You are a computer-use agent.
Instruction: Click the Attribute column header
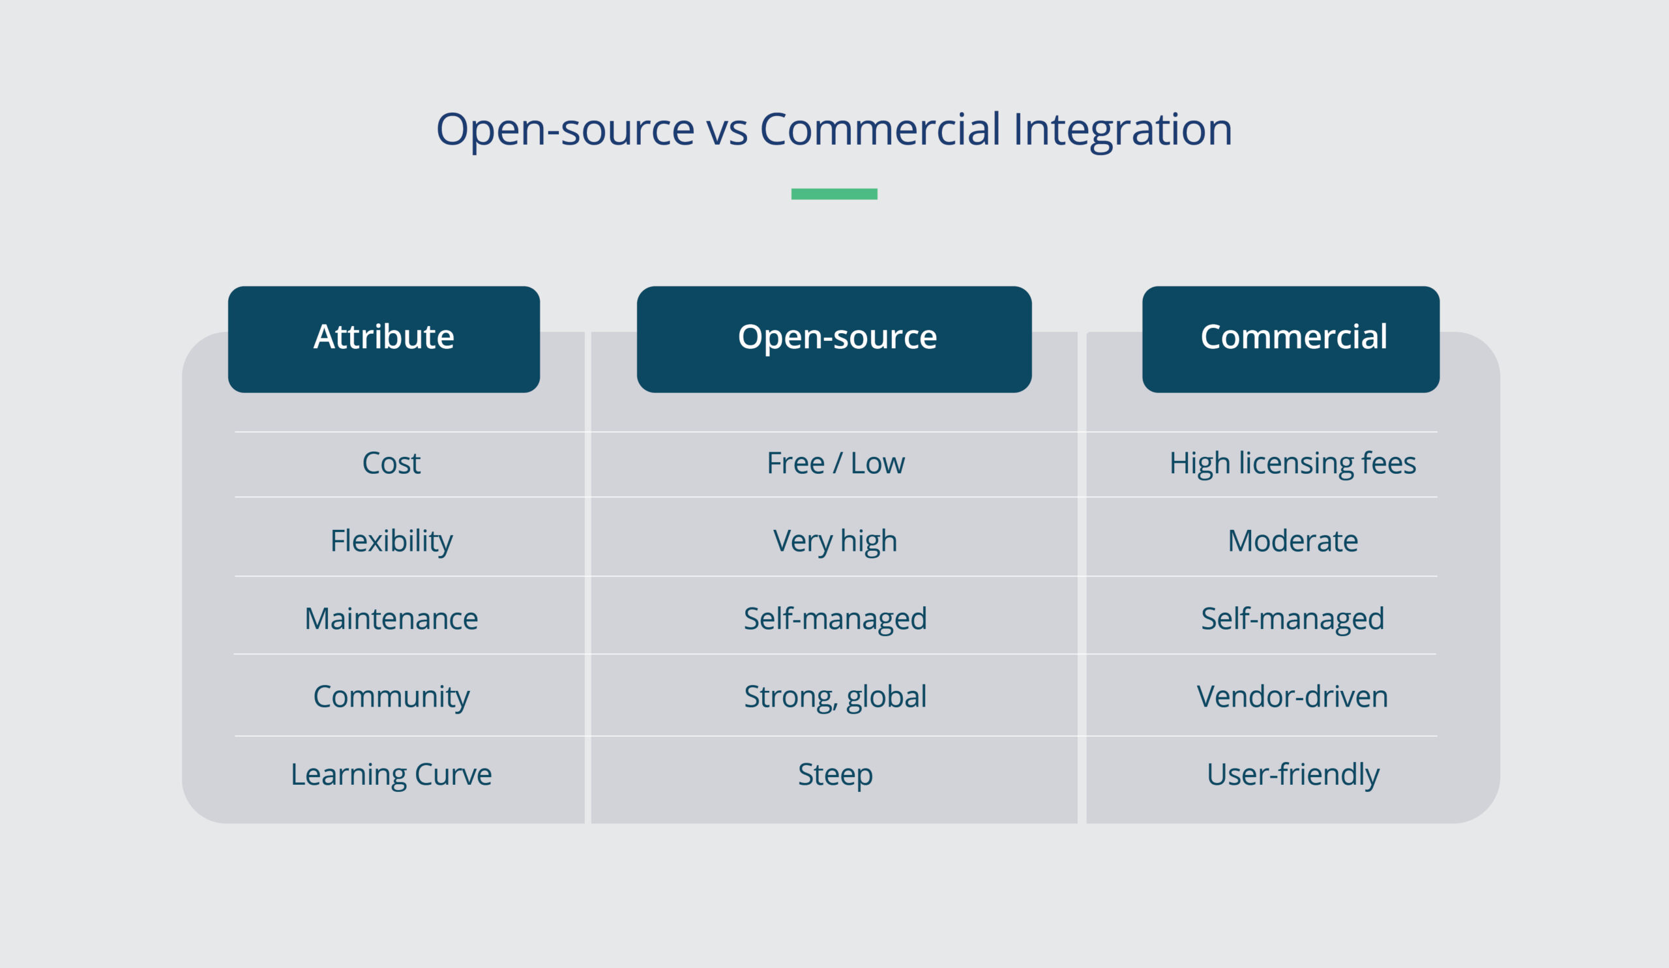point(383,338)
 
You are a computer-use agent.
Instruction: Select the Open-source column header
point(834,338)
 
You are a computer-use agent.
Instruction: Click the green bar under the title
point(834,194)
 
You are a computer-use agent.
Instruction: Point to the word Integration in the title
point(1122,129)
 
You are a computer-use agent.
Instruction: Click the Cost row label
point(391,463)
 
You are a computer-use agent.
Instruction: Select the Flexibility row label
point(391,541)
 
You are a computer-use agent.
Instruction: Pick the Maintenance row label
point(391,619)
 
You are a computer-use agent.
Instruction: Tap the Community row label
point(391,697)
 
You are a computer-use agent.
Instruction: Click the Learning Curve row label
point(391,774)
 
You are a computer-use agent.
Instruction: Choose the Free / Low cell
point(835,463)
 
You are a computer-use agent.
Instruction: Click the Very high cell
point(835,541)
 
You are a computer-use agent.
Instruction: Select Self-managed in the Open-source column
point(835,619)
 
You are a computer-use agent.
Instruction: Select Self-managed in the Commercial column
point(1292,619)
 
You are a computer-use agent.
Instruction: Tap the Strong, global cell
point(835,697)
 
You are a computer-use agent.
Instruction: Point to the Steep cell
point(835,774)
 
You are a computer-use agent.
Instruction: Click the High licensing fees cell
point(1292,463)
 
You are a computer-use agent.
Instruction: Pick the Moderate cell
point(1292,541)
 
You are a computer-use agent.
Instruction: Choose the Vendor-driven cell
point(1292,697)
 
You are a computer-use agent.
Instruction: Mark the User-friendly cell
point(1292,774)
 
